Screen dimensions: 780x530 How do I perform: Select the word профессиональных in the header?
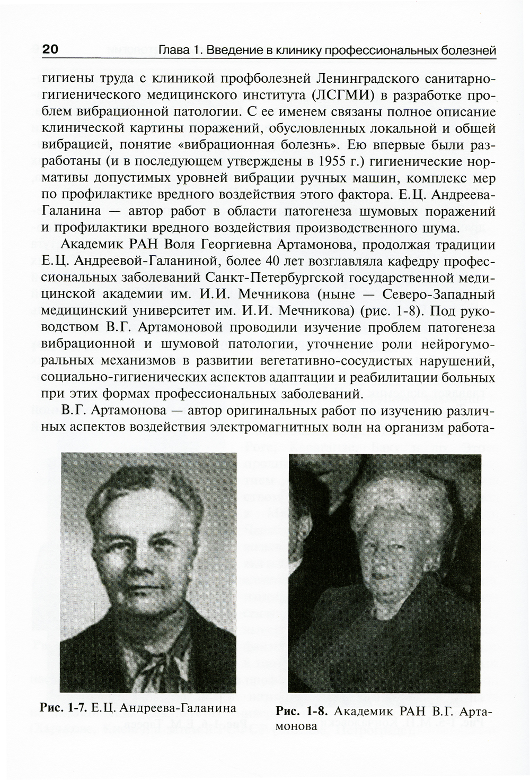click(x=381, y=51)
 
